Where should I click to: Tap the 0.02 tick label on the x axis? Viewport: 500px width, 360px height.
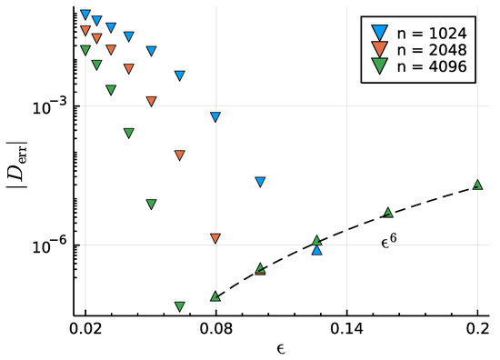[x=85, y=328]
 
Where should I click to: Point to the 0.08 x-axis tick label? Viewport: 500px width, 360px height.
[x=215, y=328]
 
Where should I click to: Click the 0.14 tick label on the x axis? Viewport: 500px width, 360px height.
[x=346, y=328]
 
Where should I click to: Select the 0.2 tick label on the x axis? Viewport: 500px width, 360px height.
[x=477, y=328]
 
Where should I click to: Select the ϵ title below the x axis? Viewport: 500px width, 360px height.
[x=281, y=348]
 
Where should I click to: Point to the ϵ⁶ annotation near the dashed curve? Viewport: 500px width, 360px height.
[x=388, y=243]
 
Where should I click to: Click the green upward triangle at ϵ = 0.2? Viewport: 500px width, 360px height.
[x=478, y=185]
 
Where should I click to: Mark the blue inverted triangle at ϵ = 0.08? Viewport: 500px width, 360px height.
[x=215, y=117]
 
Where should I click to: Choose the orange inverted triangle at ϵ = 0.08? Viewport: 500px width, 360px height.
[x=215, y=238]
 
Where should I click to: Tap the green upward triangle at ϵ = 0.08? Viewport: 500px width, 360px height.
[x=215, y=295]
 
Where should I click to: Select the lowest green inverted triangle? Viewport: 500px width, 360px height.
[x=180, y=306]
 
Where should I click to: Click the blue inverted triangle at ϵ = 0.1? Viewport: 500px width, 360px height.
[x=260, y=182]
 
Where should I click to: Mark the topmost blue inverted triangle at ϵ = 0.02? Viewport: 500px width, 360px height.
[x=85, y=15]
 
